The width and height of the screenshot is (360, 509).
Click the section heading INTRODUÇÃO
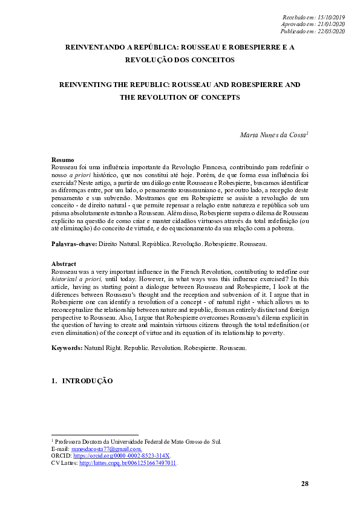[x=88, y=381]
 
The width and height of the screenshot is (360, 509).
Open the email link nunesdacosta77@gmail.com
[x=106, y=449]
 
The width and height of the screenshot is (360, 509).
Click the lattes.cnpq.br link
[x=128, y=462]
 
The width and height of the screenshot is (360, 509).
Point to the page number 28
[x=304, y=484]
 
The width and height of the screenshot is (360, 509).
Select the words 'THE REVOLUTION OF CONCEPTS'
[x=180, y=97]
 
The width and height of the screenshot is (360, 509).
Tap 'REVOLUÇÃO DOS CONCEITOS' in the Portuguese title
[x=180, y=60]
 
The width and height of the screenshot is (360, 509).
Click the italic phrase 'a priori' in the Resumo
[x=79, y=173]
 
